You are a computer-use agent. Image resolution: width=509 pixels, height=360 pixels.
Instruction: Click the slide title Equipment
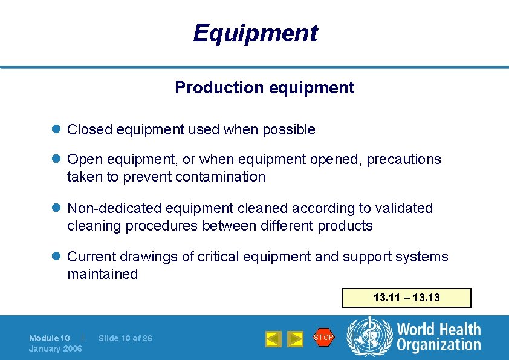[254, 33]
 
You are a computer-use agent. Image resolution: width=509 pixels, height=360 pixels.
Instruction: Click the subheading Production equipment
[264, 88]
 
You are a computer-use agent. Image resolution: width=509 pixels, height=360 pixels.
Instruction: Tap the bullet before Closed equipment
[57, 129]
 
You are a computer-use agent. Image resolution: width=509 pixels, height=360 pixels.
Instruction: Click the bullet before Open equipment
[57, 159]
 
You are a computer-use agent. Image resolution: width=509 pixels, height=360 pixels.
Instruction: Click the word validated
[404, 208]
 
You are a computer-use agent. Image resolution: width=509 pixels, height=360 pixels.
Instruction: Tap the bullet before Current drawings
[57, 257]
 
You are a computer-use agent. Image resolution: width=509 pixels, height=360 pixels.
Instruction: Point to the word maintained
[103, 274]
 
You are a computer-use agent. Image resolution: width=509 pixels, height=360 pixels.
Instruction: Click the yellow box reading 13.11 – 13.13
[406, 298]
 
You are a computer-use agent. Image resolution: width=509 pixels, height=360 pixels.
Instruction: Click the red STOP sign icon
[323, 337]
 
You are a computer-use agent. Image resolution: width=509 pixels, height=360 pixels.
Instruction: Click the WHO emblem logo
[368, 337]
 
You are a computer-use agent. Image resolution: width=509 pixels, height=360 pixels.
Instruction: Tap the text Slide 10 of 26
[125, 338]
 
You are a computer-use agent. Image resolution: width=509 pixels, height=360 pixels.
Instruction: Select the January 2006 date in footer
[56, 349]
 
